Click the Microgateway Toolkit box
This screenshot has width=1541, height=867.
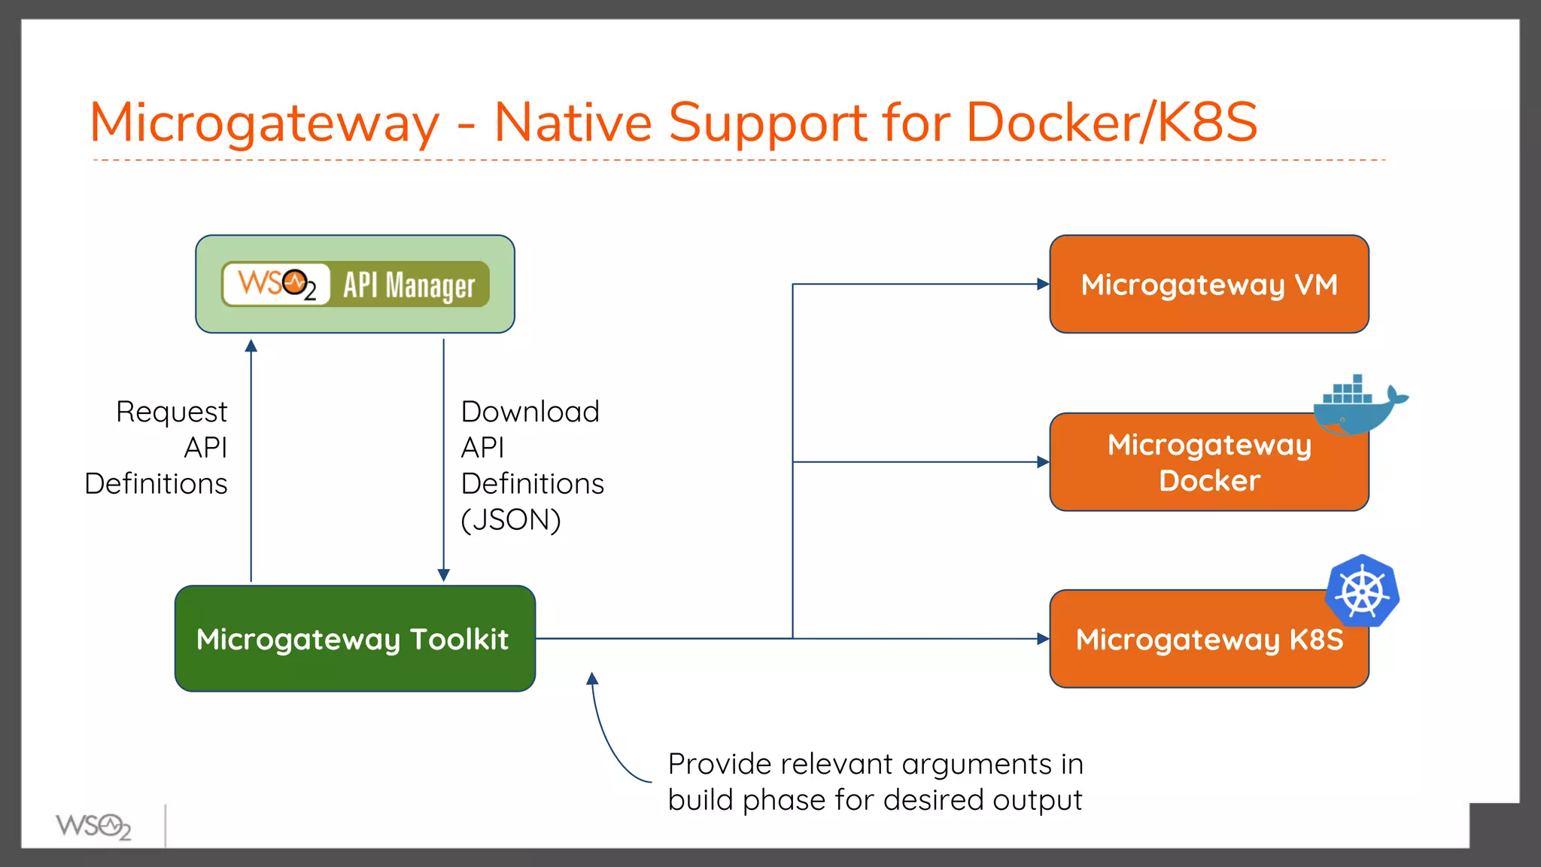354,639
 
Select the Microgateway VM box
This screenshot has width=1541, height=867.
1208,284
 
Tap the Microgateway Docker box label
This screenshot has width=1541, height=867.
1208,462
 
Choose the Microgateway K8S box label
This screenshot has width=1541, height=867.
1208,640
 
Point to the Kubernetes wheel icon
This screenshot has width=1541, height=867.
1363,592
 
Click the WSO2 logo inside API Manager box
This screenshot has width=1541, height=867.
276,284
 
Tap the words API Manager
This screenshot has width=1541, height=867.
409,285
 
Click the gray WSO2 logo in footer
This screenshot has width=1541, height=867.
93,826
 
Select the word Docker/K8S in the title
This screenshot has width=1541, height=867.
1111,122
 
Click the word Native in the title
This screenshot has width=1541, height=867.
573,122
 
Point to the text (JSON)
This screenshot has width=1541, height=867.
511,520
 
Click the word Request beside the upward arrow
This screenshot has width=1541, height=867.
172,412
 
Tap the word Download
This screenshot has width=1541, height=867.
530,412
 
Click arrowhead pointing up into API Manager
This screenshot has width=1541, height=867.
251,345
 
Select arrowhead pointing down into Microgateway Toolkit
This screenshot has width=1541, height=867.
444,575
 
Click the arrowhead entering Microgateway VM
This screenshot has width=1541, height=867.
1043,284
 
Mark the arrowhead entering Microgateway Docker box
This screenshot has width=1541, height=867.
1043,462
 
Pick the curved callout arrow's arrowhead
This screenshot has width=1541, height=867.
592,679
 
